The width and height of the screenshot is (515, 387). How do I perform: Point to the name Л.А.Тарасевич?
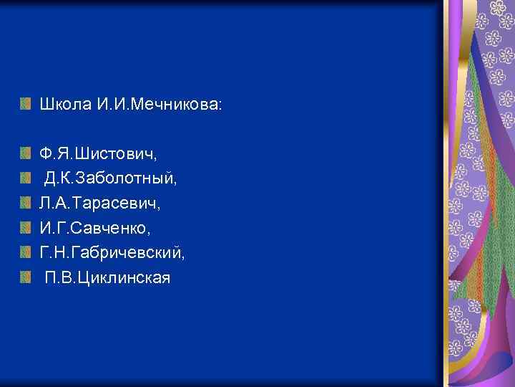pos(99,204)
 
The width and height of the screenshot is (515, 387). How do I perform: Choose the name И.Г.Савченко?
pos(95,229)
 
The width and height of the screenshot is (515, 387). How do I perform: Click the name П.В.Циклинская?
pos(108,277)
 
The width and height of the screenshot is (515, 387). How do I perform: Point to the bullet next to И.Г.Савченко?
pos(26,229)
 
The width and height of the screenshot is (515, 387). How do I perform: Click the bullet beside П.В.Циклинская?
pos(26,277)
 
